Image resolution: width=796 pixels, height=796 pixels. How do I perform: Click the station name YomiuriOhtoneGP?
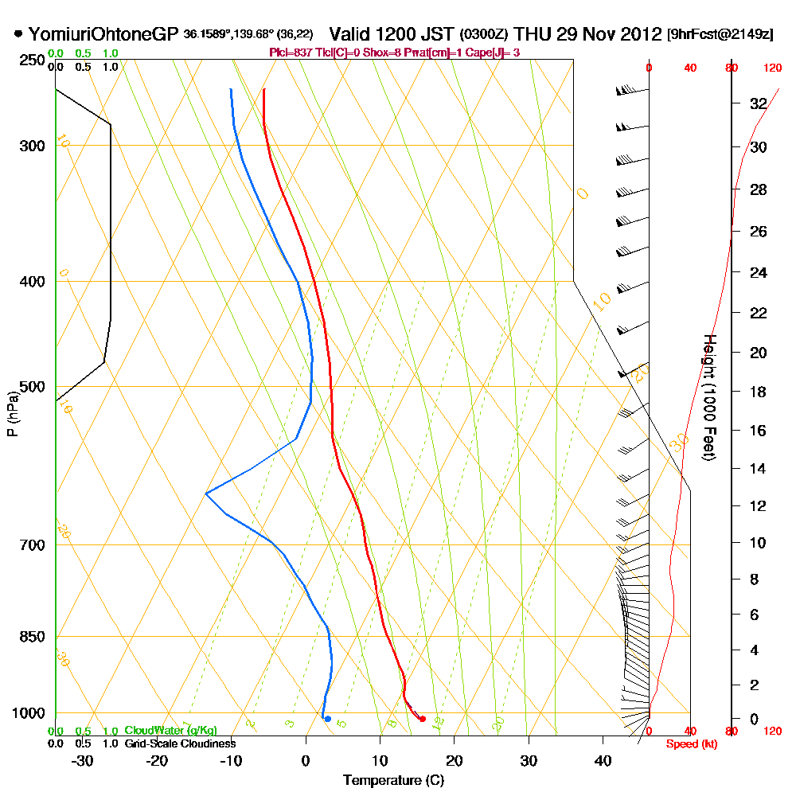click(104, 34)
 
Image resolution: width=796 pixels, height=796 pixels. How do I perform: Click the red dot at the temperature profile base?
click(423, 719)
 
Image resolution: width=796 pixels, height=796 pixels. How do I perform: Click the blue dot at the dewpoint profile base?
click(327, 719)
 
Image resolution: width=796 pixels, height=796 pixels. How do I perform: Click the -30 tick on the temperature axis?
click(83, 760)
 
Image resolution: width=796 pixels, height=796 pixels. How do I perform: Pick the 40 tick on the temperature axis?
click(603, 760)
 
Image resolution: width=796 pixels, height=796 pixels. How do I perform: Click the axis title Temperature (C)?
click(393, 780)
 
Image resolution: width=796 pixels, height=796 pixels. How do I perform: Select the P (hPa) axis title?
click(12, 413)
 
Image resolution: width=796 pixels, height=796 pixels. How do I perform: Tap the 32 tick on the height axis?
click(758, 103)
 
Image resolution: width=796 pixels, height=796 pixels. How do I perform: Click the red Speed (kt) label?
click(689, 744)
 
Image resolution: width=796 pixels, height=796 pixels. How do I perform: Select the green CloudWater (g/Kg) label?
click(170, 730)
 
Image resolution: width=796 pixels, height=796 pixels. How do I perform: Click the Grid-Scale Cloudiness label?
click(179, 743)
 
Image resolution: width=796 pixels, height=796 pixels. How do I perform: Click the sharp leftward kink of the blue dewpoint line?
click(206, 494)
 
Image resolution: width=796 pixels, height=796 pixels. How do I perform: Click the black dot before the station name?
click(18, 34)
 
